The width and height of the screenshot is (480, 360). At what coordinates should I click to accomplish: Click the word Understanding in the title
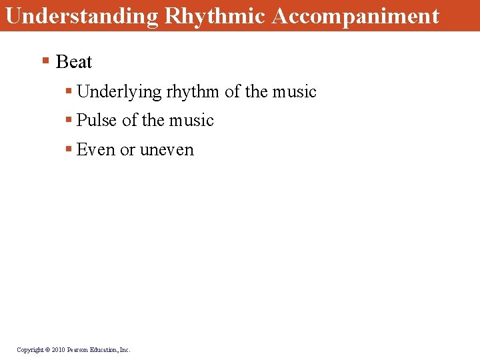(81, 15)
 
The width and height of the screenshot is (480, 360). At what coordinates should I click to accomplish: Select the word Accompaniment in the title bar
(356, 15)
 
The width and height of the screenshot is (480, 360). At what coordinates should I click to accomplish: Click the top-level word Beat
(74, 62)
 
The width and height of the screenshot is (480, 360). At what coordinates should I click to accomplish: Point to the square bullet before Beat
(45, 61)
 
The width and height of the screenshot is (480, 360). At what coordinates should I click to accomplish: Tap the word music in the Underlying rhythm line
(294, 91)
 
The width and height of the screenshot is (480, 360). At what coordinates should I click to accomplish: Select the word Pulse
(97, 121)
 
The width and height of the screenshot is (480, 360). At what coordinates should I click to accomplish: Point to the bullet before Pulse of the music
(69, 120)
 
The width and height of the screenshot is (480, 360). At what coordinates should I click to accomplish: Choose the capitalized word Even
(96, 150)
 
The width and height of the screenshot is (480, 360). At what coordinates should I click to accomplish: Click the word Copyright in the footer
(30, 349)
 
